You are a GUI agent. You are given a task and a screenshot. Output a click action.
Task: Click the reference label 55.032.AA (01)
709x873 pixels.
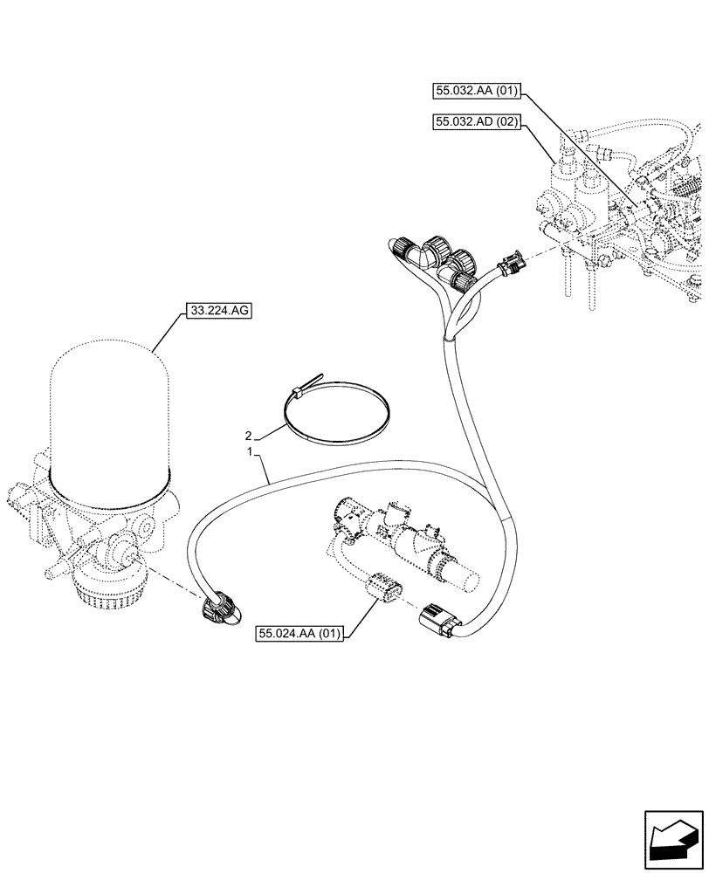tap(476, 90)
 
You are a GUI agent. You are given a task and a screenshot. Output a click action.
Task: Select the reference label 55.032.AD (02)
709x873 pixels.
tap(476, 124)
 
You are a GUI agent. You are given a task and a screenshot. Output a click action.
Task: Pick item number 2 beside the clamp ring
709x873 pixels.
tap(249, 435)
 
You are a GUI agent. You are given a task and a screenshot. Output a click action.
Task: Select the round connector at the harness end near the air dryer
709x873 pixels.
tap(218, 608)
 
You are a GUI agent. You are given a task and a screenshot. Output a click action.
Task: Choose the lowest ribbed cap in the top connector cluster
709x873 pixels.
tap(457, 279)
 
